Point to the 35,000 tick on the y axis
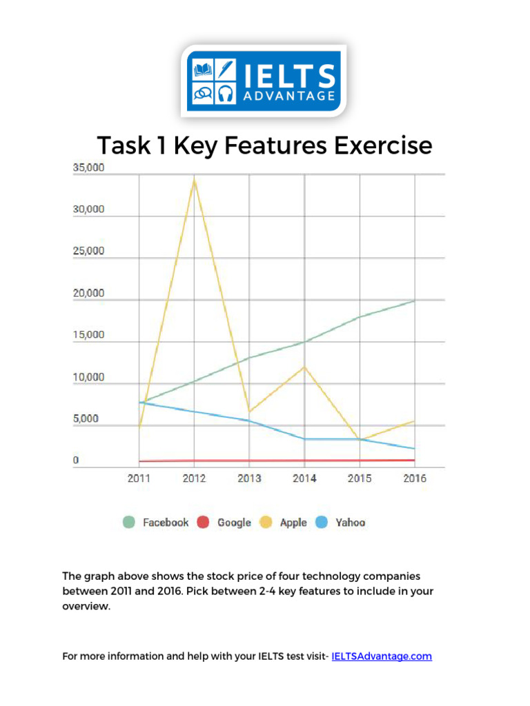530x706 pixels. (88, 168)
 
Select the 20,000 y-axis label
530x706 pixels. (88, 293)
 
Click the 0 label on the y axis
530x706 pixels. (76, 460)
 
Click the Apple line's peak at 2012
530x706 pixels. (195, 179)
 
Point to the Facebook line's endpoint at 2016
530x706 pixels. (415, 300)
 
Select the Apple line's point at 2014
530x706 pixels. (304, 366)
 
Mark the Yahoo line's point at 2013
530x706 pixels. (249, 421)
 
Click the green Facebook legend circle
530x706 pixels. (129, 523)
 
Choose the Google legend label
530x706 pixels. (234, 523)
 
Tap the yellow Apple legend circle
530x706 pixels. (266, 523)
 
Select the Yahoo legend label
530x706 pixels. (350, 523)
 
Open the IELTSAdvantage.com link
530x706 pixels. (382, 656)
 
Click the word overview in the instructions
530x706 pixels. (86, 607)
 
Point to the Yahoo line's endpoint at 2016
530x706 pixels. (415, 449)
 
